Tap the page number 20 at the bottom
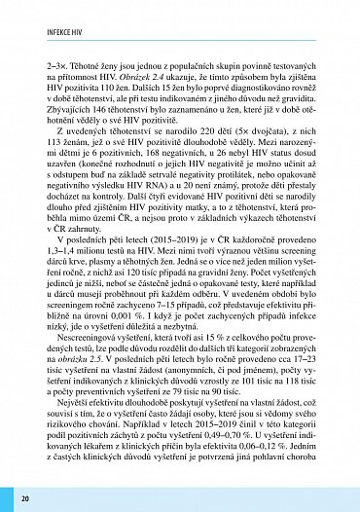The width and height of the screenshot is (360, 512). point(24,497)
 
